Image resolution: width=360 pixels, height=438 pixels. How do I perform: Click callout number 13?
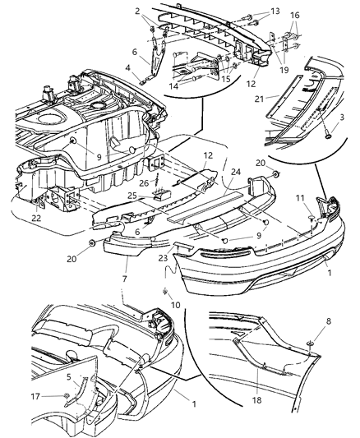click(x=275, y=11)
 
